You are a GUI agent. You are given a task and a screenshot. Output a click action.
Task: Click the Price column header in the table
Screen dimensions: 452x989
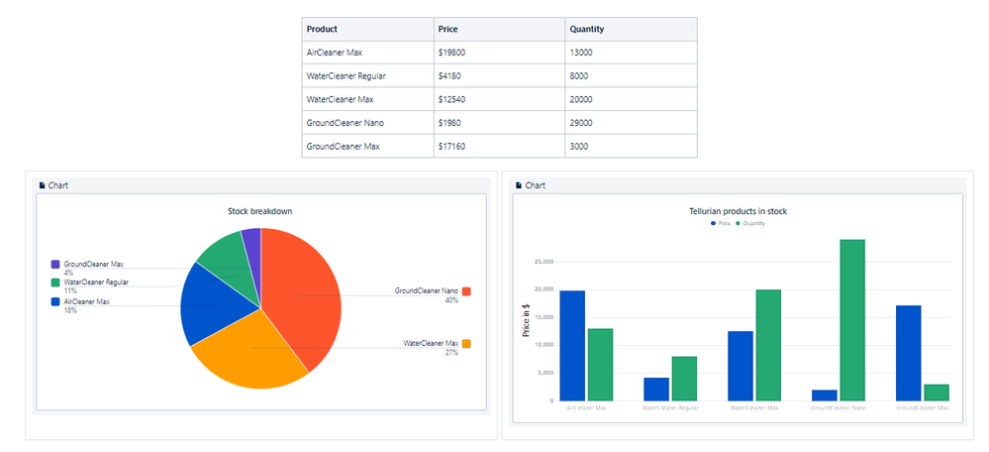coord(447,30)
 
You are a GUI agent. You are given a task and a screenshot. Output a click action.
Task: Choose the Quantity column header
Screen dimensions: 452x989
coord(587,30)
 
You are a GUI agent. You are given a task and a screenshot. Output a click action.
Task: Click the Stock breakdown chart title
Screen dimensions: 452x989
coord(260,211)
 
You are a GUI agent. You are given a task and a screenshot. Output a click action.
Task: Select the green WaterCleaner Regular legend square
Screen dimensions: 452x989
coord(55,282)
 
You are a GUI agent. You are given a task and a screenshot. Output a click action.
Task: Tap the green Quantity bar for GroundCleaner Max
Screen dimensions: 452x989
coord(937,393)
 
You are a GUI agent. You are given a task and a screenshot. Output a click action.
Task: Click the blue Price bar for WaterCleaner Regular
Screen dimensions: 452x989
coord(656,389)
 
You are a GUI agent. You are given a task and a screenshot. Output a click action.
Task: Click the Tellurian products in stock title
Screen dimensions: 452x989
coord(738,211)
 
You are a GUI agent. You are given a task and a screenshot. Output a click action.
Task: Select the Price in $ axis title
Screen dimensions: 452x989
coord(527,319)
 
